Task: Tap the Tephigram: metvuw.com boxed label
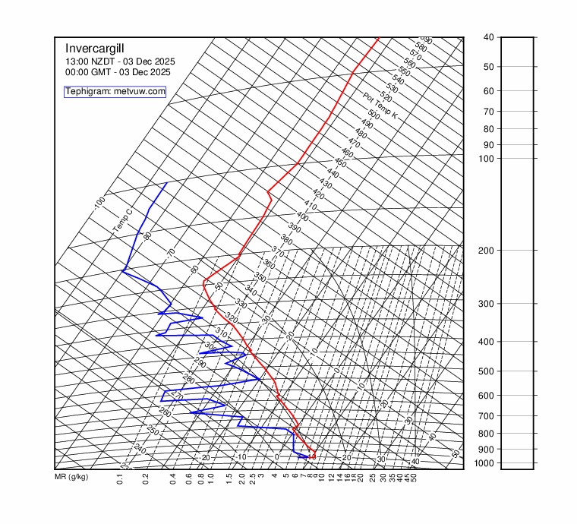(x=115, y=92)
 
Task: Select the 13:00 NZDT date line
(x=118, y=61)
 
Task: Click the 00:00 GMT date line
(x=118, y=72)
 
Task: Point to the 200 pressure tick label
(x=488, y=251)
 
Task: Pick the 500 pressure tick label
(x=488, y=371)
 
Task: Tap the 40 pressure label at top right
(x=489, y=37)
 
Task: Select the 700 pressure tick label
(x=488, y=416)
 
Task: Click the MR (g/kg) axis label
(x=71, y=478)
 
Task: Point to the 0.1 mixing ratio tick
(x=121, y=478)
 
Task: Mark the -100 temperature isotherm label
(x=99, y=204)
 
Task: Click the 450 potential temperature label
(x=340, y=164)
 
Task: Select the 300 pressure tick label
(x=488, y=304)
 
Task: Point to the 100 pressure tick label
(x=488, y=159)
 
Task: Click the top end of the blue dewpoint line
(x=167, y=183)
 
